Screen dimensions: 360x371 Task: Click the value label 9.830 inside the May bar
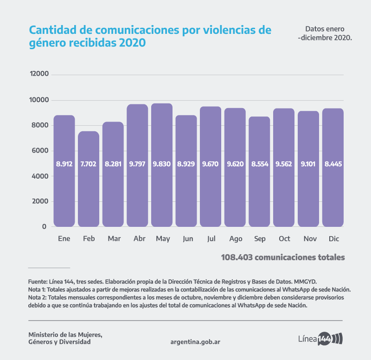click(x=162, y=164)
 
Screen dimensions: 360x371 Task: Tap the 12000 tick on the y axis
click(x=39, y=74)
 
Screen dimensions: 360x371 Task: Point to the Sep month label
click(x=260, y=238)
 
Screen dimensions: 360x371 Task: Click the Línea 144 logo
click(x=320, y=338)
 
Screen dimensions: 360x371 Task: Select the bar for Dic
click(x=333, y=195)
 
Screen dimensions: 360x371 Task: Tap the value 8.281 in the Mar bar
click(x=113, y=164)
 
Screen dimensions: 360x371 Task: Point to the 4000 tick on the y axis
click(x=39, y=176)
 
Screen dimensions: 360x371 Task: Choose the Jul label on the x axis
click(x=211, y=238)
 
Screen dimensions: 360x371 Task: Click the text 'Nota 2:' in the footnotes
click(x=37, y=298)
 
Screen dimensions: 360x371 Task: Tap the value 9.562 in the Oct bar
click(x=284, y=164)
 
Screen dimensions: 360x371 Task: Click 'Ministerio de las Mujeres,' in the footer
click(x=65, y=334)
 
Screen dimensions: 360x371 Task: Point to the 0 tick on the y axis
click(x=45, y=226)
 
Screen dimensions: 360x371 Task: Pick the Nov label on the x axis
click(x=309, y=238)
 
